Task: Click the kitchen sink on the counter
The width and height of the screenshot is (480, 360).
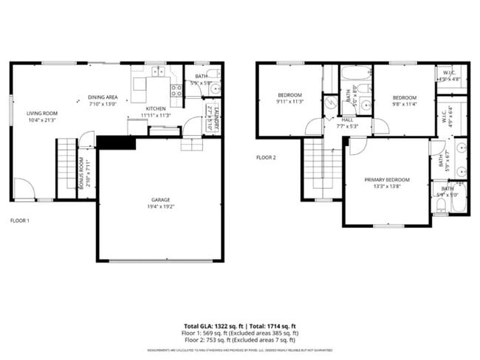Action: [x=158, y=72]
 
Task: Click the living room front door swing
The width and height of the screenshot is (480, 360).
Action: [x=22, y=189]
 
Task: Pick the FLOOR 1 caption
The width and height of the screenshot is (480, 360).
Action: [x=20, y=220]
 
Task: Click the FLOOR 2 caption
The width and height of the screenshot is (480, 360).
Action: [x=266, y=157]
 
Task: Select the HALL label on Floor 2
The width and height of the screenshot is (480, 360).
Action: [x=347, y=120]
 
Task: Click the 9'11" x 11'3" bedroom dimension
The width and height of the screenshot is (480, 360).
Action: [x=289, y=102]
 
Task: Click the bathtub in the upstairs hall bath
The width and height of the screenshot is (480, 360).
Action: [x=357, y=75]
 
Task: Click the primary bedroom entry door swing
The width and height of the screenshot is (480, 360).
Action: [x=357, y=145]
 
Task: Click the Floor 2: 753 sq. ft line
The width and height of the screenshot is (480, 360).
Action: [x=240, y=340]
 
